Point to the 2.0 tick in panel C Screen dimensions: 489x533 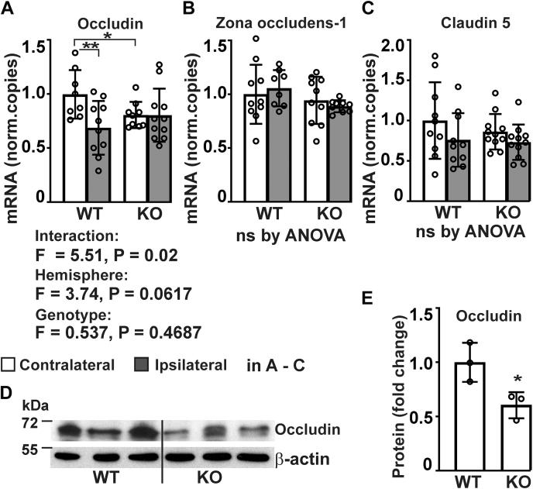coord(386,46)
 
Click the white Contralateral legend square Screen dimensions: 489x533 coord(10,364)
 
